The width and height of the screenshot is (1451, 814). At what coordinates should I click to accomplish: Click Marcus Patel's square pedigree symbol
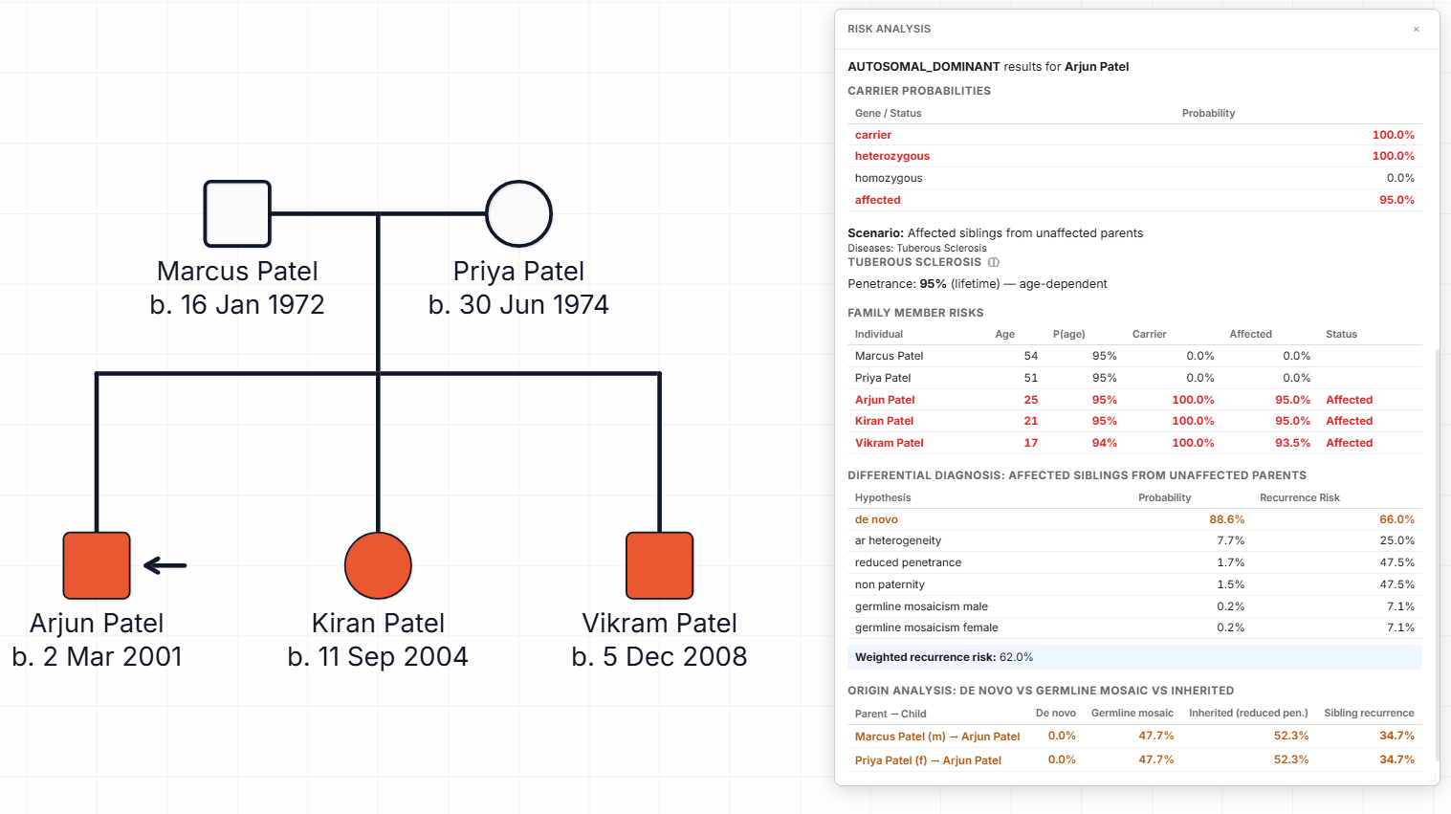click(x=237, y=213)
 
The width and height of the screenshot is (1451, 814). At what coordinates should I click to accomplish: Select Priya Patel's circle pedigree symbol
click(x=518, y=213)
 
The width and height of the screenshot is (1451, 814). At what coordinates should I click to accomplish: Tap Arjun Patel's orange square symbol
click(x=97, y=565)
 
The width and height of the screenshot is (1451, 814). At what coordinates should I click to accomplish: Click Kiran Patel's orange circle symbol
click(x=378, y=565)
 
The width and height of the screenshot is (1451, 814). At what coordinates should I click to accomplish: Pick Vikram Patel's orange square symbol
click(x=659, y=565)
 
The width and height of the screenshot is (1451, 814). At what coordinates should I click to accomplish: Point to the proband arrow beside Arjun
click(x=165, y=565)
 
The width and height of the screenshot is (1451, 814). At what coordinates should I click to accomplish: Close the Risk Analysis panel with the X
click(x=1416, y=30)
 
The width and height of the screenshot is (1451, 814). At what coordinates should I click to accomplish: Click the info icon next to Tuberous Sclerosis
click(x=994, y=262)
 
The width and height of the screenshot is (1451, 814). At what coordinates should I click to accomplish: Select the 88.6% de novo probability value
click(x=1226, y=519)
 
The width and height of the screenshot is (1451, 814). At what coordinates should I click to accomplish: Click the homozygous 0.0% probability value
click(x=1400, y=178)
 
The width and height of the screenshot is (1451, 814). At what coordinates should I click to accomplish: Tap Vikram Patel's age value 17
click(x=1030, y=443)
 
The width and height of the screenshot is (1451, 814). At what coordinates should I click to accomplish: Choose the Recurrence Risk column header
click(x=1299, y=497)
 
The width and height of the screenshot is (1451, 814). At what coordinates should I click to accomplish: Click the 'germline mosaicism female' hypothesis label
click(x=926, y=627)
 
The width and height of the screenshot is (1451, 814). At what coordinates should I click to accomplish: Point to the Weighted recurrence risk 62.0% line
click(x=943, y=657)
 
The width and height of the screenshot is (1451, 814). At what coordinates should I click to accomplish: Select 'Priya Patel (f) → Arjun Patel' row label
click(x=928, y=760)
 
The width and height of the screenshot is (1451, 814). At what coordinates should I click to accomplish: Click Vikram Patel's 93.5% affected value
click(x=1292, y=443)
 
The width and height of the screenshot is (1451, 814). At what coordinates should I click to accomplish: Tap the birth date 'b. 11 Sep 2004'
click(x=378, y=656)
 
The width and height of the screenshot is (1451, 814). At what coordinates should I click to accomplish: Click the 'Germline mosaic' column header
click(x=1132, y=713)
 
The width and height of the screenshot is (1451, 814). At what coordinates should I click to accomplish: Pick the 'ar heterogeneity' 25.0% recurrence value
click(x=1396, y=540)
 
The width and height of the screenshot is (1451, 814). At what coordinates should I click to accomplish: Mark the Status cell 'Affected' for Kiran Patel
click(x=1349, y=421)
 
